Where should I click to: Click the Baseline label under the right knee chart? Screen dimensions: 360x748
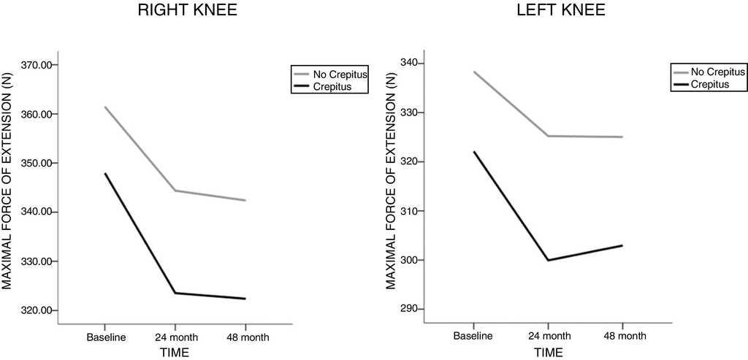tap(107, 337)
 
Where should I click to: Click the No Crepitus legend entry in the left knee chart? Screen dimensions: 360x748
tap(717, 72)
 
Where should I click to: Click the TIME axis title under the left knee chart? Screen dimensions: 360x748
tap(548, 353)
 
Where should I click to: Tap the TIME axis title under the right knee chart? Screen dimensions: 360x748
tap(175, 353)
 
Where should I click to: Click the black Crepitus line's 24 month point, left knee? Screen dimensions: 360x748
tap(548, 260)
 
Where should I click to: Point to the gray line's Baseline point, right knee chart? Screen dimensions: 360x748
tap(105, 107)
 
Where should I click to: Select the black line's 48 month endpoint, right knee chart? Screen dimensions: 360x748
tap(245, 299)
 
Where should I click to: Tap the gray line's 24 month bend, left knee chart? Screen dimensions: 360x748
tap(548, 136)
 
